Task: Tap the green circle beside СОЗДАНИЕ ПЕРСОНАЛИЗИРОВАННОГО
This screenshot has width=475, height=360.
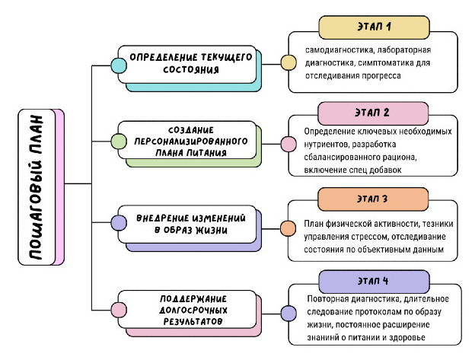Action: click(119, 142)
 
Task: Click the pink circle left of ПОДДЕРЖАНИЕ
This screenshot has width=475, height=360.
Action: click(119, 310)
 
